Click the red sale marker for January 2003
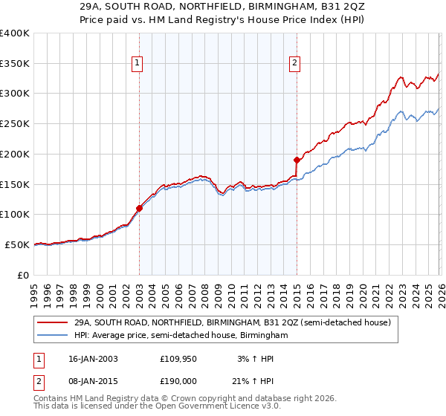[x=139, y=208]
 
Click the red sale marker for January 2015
[x=297, y=160]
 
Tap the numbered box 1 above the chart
[x=138, y=64]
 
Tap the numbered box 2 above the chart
[x=295, y=64]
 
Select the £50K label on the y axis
[x=18, y=244]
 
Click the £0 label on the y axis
[x=24, y=275]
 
